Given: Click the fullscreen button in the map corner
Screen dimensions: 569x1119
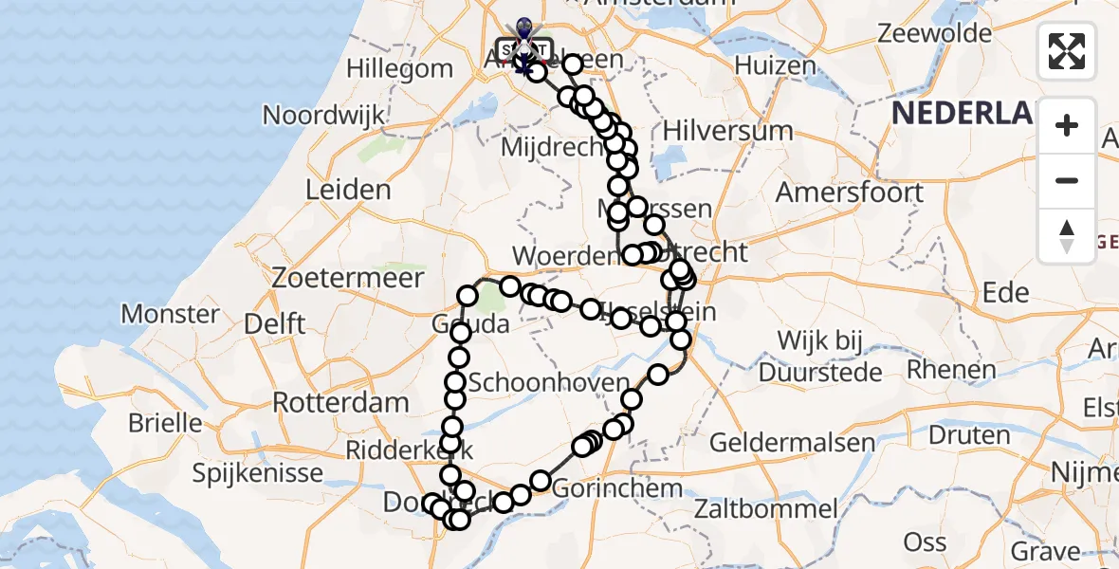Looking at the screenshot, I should tap(1067, 51).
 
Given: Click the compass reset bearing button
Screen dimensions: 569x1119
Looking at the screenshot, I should tap(1067, 236).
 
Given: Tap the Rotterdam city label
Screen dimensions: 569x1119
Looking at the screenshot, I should tap(340, 401).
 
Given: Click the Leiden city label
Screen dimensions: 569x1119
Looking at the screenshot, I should tap(348, 189).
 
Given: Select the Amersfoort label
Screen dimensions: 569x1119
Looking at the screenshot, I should tap(850, 192).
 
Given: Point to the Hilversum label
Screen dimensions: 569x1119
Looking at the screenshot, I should tap(728, 130).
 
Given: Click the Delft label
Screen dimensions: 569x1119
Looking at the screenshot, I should tap(275, 323).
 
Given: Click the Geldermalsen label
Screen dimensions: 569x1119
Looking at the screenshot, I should tap(779, 442).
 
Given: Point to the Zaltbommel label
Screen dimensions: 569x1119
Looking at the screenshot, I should tap(764, 509).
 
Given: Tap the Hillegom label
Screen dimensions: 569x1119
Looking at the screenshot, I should tap(399, 68).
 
